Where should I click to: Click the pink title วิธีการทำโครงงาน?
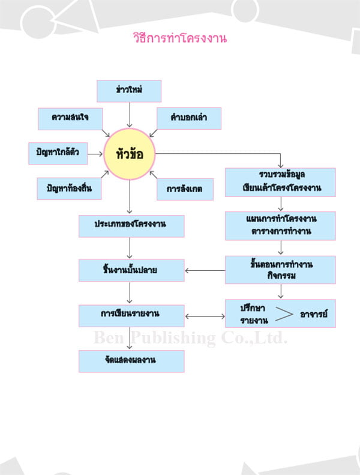(x=180, y=38)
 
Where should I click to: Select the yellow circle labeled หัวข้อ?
(x=130, y=154)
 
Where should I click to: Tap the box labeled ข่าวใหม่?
(x=129, y=91)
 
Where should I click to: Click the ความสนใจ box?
(x=70, y=118)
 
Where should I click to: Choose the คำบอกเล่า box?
(x=189, y=118)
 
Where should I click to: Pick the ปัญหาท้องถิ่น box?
(x=69, y=189)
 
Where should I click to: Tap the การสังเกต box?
(x=185, y=189)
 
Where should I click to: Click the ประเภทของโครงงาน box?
(x=131, y=226)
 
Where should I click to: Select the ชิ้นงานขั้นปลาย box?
(x=131, y=270)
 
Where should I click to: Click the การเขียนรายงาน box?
(x=131, y=315)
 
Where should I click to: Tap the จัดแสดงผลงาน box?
(x=131, y=361)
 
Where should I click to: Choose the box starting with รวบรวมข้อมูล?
(x=280, y=182)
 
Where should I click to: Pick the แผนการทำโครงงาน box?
(x=280, y=226)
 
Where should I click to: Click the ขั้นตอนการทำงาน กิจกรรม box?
(x=280, y=270)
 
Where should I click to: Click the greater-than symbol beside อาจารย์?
(x=284, y=314)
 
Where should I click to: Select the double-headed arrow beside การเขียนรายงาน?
(x=205, y=316)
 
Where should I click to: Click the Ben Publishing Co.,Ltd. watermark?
(x=190, y=337)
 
